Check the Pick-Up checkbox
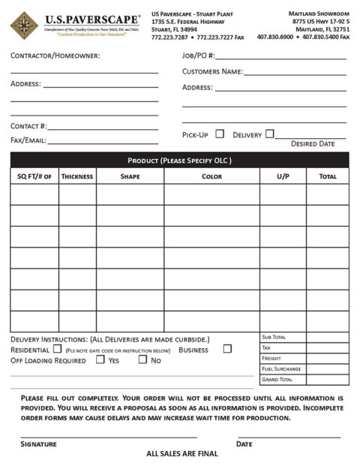click(220, 134)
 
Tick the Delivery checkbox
click(270, 134)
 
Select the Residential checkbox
click(57, 349)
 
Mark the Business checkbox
click(227, 349)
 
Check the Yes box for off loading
click(100, 359)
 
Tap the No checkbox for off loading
click(142, 359)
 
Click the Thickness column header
click(77, 176)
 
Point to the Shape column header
click(130, 176)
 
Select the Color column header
click(211, 176)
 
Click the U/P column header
click(283, 176)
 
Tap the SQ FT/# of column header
click(34, 176)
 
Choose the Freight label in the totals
click(271, 359)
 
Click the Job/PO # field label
click(199, 56)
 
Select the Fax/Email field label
click(28, 140)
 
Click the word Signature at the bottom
click(38, 444)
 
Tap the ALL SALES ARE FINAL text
click(182, 454)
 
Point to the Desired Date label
click(313, 144)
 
